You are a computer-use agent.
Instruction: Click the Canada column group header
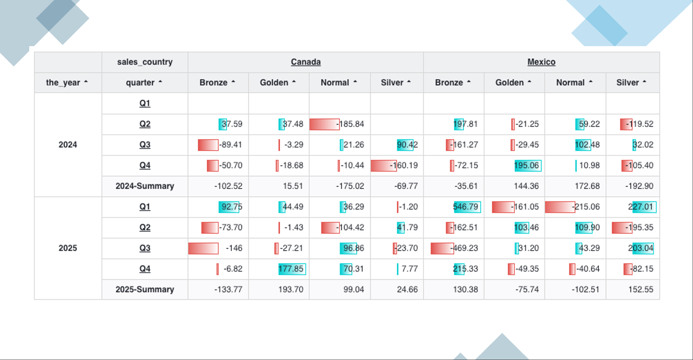[x=306, y=62]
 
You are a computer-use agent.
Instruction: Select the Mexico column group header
[x=541, y=62]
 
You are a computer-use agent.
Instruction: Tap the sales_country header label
[x=145, y=62]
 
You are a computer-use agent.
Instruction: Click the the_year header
[x=63, y=83]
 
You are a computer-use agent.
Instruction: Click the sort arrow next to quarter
[x=160, y=82]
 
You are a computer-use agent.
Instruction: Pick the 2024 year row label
[x=68, y=145]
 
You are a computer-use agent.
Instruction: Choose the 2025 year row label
[x=68, y=248]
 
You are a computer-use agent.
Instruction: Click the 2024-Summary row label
[x=145, y=186]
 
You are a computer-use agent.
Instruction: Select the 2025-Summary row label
[x=145, y=290]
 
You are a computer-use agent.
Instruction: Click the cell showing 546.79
[x=466, y=207]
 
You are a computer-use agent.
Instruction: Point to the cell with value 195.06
[x=526, y=166]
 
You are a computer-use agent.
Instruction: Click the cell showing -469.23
[x=464, y=248]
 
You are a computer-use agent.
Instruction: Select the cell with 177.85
[x=291, y=269]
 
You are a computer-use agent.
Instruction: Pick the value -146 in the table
[x=234, y=248]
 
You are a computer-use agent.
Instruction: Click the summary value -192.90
[x=639, y=186]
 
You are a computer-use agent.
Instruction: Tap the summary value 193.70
[x=291, y=290]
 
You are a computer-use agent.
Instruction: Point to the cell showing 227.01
[x=641, y=207]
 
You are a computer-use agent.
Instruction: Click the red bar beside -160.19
[x=383, y=166]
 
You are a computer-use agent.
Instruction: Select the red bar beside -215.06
[x=560, y=207]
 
